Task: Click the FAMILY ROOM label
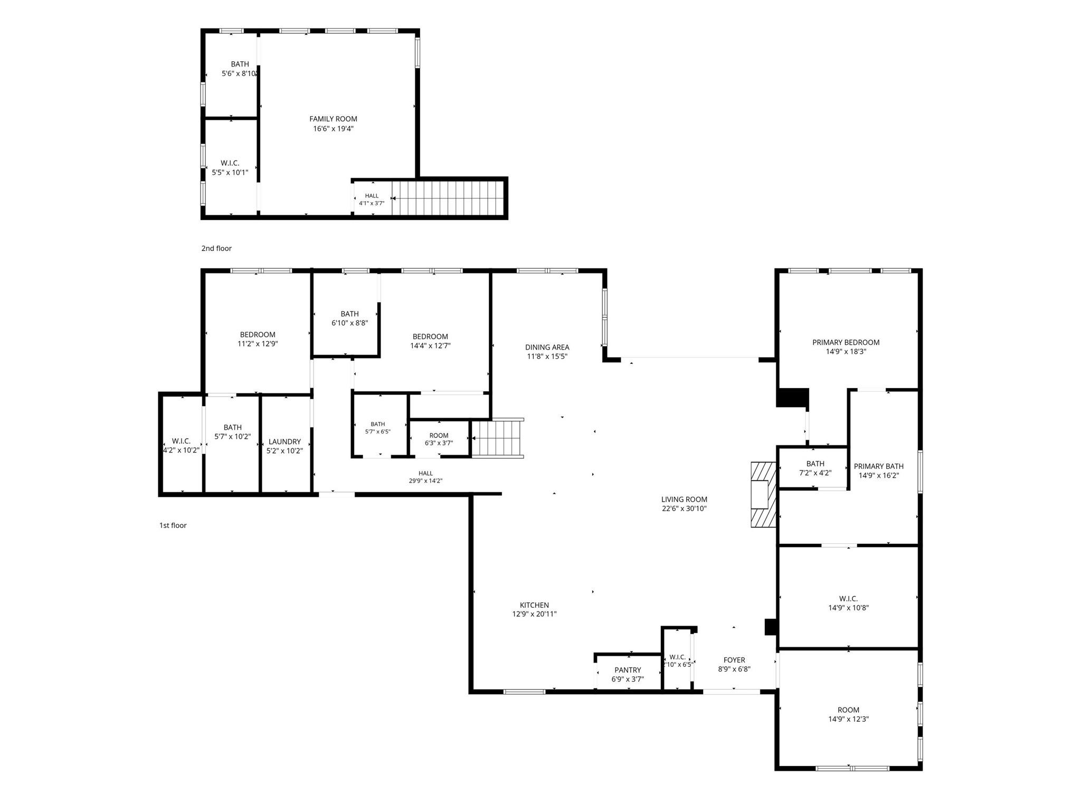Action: [x=333, y=119]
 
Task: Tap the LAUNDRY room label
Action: [x=285, y=442]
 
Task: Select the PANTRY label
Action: [x=628, y=670]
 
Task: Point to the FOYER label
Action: [x=734, y=660]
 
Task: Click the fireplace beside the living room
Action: [x=763, y=495]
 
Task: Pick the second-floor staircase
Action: [x=448, y=198]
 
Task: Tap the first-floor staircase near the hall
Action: [x=497, y=438]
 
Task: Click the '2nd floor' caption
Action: [x=216, y=248]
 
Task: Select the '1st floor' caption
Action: [x=173, y=525]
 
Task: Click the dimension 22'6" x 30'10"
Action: [x=684, y=509]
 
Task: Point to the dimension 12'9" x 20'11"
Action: [x=534, y=614]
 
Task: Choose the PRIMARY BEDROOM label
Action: [x=846, y=342]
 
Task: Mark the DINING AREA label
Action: [x=547, y=347]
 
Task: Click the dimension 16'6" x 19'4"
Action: [x=333, y=129]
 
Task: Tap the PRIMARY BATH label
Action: [x=879, y=466]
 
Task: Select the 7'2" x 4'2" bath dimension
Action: [x=816, y=473]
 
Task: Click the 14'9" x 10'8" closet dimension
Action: [x=848, y=608]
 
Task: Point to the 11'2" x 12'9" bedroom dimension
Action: [x=258, y=344]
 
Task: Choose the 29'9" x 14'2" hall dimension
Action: [x=425, y=481]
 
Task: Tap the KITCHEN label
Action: [x=534, y=605]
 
